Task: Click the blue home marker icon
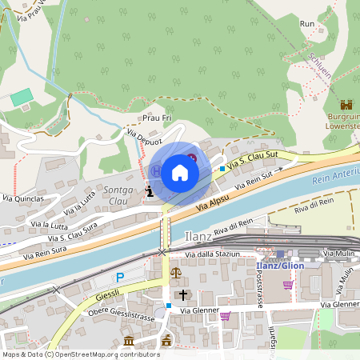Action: pos(180,173)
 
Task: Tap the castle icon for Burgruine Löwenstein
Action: pos(346,105)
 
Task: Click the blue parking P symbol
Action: pos(120,277)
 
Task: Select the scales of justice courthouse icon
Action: pos(176,273)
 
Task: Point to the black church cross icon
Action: pos(182,294)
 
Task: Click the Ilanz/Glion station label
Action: pos(279,265)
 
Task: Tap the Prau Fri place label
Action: pos(157,118)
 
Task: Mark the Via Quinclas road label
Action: pos(22,198)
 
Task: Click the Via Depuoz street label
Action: pos(145,139)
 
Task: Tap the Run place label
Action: pos(307,24)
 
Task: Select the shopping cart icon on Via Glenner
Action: pos(225,315)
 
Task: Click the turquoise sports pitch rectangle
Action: pos(22,98)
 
